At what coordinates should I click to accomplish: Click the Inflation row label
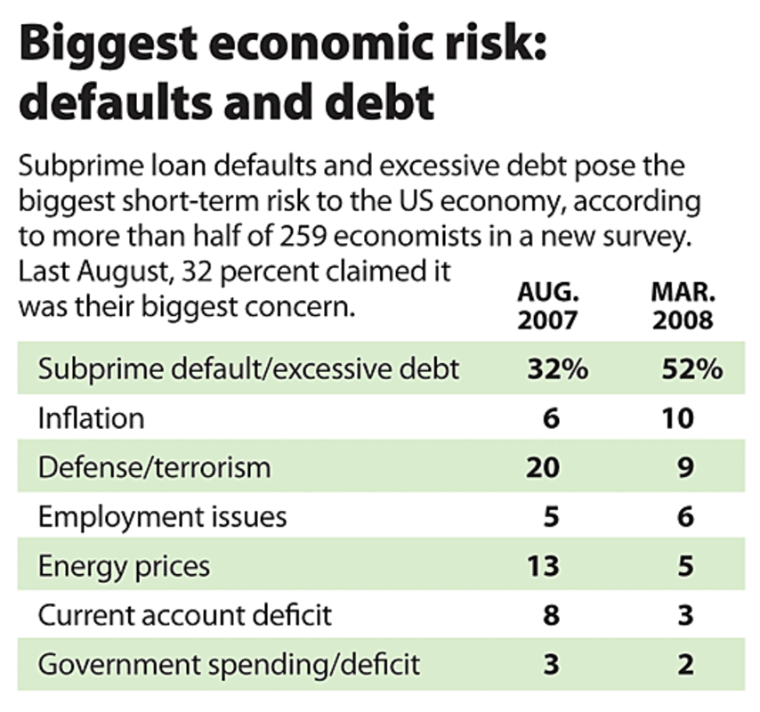point(90,417)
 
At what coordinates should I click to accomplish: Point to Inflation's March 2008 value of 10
point(678,417)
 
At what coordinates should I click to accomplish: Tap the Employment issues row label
point(162,515)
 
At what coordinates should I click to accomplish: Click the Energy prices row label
point(124,565)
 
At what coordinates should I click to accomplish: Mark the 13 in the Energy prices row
point(543,565)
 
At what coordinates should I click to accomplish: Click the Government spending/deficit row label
point(229,663)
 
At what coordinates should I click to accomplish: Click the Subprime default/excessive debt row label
point(248,368)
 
